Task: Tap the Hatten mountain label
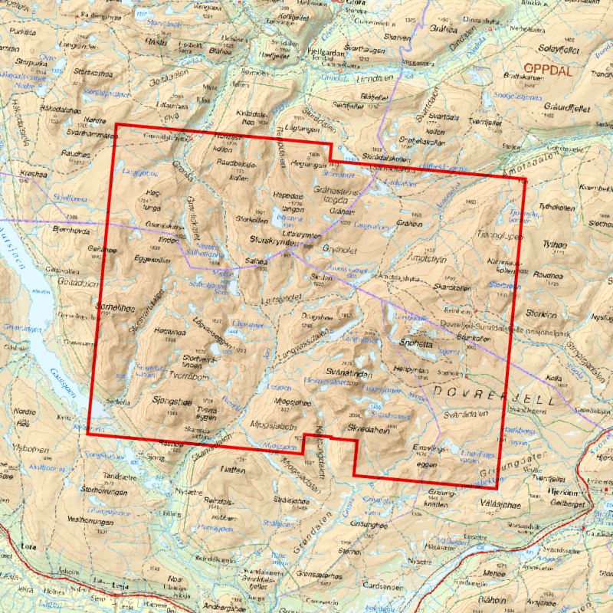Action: click(230, 467)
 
